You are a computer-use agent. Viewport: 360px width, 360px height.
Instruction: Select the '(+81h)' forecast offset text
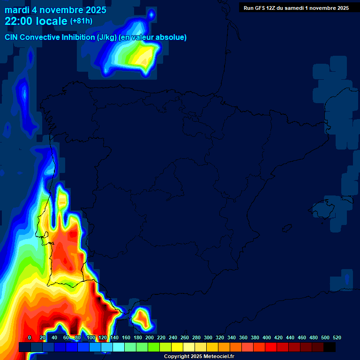pos(81,21)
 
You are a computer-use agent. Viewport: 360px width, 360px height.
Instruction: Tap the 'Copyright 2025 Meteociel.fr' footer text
pos(199,356)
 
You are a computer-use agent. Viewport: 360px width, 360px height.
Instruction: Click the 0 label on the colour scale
pos(30,337)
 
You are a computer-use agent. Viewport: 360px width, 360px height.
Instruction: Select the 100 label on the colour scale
pos(91,337)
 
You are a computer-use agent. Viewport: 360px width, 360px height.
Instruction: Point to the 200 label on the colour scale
pos(150,337)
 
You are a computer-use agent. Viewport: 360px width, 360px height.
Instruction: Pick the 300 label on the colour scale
pos(208,337)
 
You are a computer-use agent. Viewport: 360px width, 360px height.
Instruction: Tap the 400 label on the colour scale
pos(267,337)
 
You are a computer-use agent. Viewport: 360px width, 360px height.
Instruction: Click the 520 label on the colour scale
pos(337,337)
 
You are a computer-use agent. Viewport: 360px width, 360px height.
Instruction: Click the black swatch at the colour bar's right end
pos(330,347)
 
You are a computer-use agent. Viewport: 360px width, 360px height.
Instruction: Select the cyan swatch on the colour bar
pos(119,347)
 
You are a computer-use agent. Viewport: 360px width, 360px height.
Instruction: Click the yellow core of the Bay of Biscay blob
pos(143,56)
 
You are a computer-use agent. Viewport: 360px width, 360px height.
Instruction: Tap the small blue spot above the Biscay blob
pos(151,15)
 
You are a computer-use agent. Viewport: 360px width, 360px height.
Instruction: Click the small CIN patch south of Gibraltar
pos(141,317)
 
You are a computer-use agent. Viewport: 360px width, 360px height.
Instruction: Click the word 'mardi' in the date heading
pos(17,10)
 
